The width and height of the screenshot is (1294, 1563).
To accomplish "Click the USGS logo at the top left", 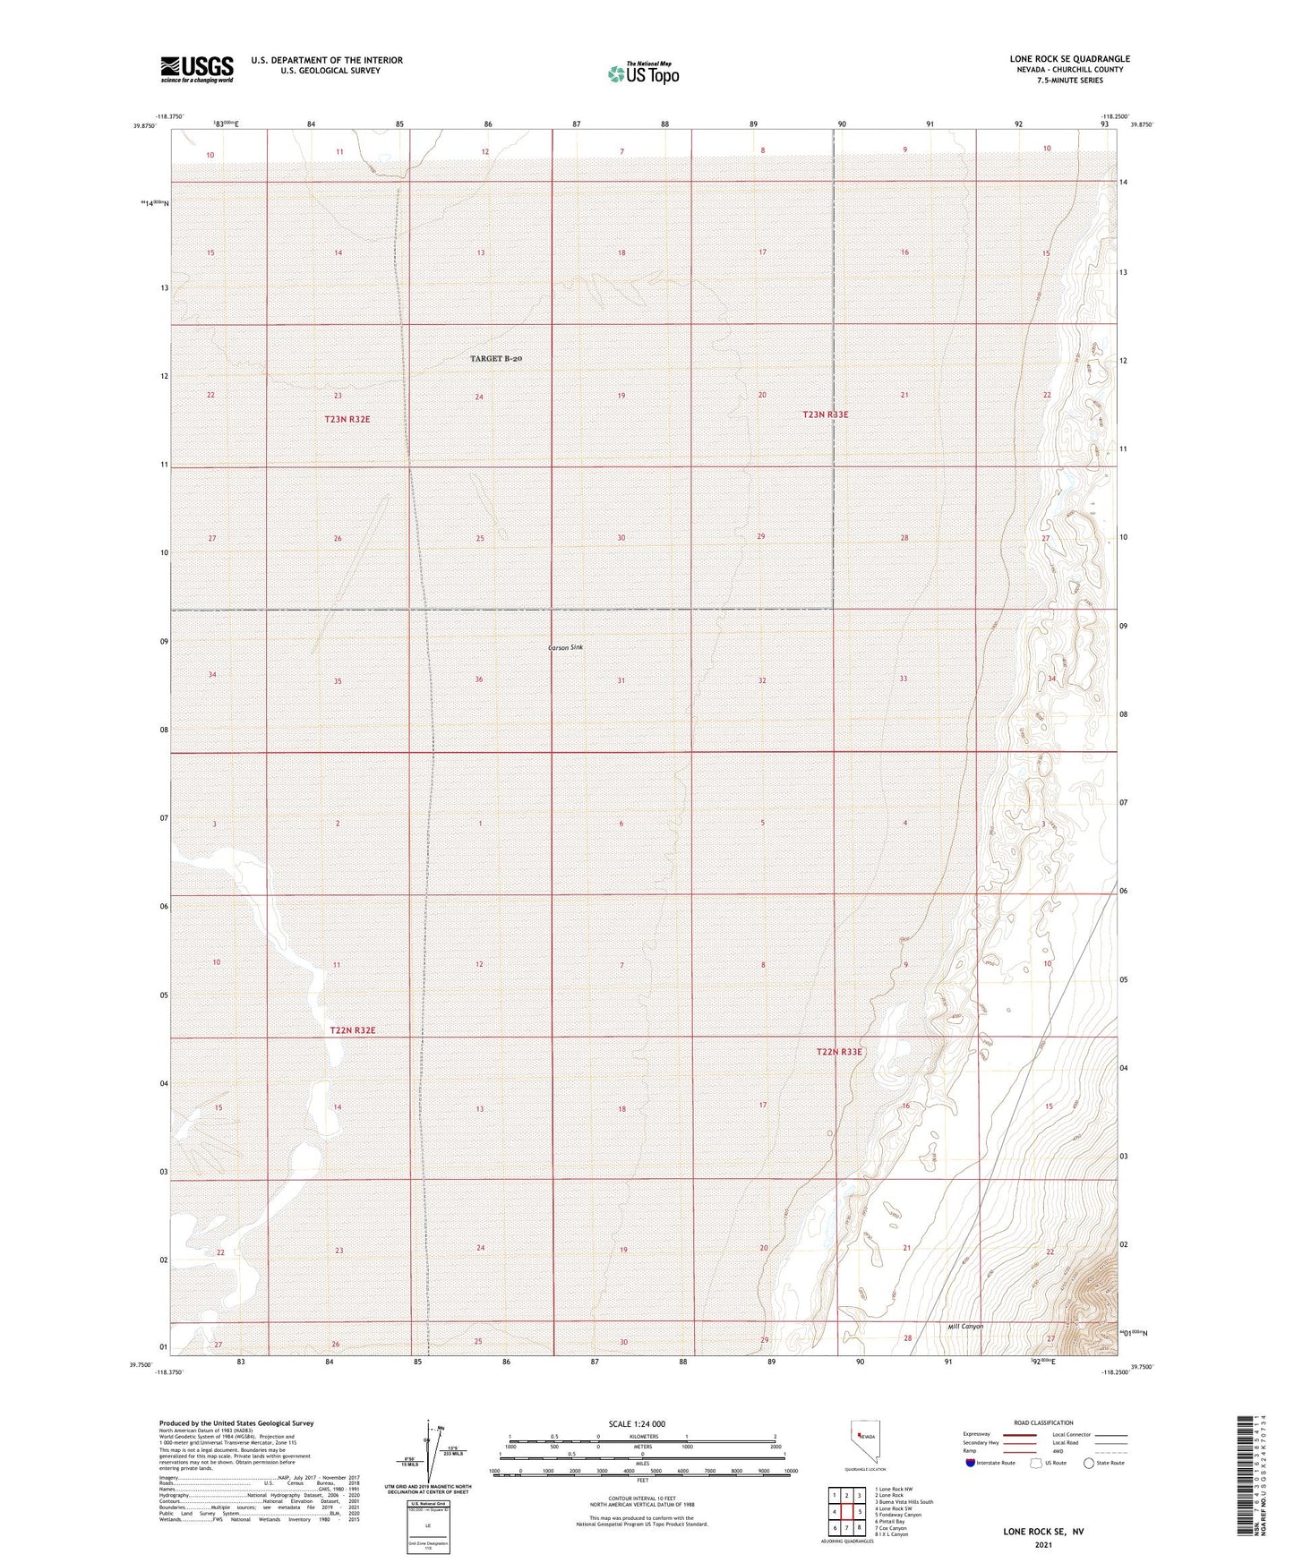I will click(x=197, y=69).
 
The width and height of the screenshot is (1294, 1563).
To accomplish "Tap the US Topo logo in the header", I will click(x=642, y=73).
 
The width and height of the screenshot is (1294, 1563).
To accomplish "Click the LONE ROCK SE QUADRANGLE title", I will click(x=1069, y=59).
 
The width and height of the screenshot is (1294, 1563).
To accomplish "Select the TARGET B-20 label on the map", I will click(x=496, y=358).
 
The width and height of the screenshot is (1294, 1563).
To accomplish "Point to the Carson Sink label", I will click(x=565, y=647).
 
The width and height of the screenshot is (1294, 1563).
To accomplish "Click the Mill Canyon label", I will click(x=965, y=1326).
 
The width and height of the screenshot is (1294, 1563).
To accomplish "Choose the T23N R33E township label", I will click(x=825, y=414).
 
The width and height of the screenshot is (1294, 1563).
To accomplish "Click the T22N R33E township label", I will click(x=838, y=1052).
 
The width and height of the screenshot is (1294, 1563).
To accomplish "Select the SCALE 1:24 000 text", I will click(x=642, y=1423).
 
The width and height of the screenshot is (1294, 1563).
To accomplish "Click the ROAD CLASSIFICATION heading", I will click(x=1044, y=1422).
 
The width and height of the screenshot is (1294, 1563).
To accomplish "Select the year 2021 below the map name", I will click(x=1042, y=1544).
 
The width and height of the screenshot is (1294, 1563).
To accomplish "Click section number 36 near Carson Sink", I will click(x=479, y=679).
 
